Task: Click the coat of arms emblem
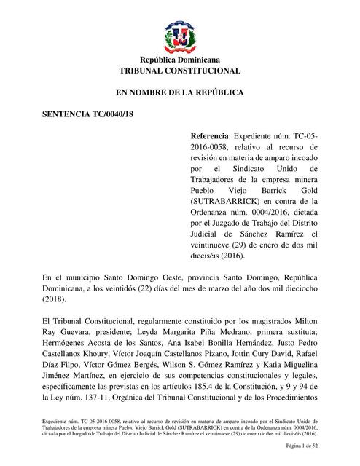[179, 36]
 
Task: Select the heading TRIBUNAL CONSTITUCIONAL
[179, 71]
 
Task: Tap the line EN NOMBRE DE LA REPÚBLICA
[179, 93]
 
